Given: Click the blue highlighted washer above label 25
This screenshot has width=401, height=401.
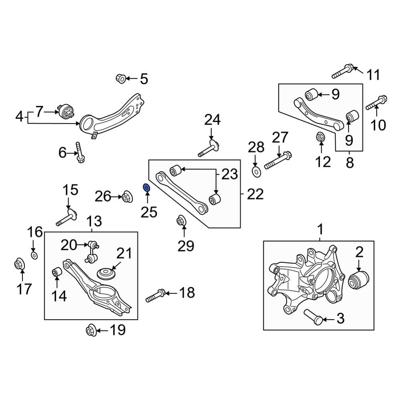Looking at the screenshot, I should (147, 187).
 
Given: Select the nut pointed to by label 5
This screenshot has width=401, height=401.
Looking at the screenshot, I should (121, 78).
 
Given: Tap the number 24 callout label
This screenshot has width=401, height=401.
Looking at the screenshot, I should (212, 120).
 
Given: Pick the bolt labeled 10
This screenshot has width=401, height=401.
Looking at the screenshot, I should (376, 102).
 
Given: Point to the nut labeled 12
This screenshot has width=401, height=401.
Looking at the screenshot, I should (320, 137).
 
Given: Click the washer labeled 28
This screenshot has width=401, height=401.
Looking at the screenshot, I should (256, 172).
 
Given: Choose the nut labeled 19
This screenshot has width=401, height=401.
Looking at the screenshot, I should (90, 331).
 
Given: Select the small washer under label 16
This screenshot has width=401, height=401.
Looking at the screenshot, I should (34, 255).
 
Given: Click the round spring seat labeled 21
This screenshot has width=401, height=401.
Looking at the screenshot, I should (107, 275).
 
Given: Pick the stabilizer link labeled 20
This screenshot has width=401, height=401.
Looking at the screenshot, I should (92, 252).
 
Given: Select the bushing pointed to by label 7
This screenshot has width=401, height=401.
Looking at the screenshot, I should (66, 111).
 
